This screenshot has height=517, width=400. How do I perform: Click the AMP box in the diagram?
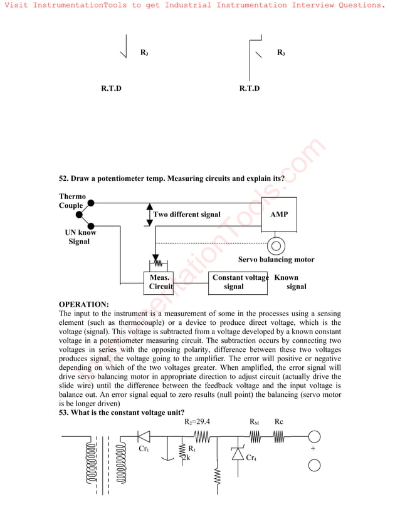coord(278,215)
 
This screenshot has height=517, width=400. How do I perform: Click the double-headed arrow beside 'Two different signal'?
coord(149,214)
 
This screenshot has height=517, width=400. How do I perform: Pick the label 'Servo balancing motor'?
coord(276,259)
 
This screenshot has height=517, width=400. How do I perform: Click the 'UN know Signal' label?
coord(80,237)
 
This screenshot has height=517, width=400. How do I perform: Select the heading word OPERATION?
coord(83,304)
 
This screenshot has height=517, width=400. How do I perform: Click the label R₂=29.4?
coord(197,422)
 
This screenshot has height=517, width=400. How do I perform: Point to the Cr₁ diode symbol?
coord(144,436)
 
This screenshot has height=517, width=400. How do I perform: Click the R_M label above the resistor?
coord(255,422)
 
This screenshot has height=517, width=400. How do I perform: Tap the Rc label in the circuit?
coord(278,422)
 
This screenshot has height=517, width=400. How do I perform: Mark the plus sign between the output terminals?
coord(313,449)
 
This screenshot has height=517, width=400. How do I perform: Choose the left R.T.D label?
coord(111,88)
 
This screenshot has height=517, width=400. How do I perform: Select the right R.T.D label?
coord(249,88)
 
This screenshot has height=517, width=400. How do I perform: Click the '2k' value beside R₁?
coord(185,458)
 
